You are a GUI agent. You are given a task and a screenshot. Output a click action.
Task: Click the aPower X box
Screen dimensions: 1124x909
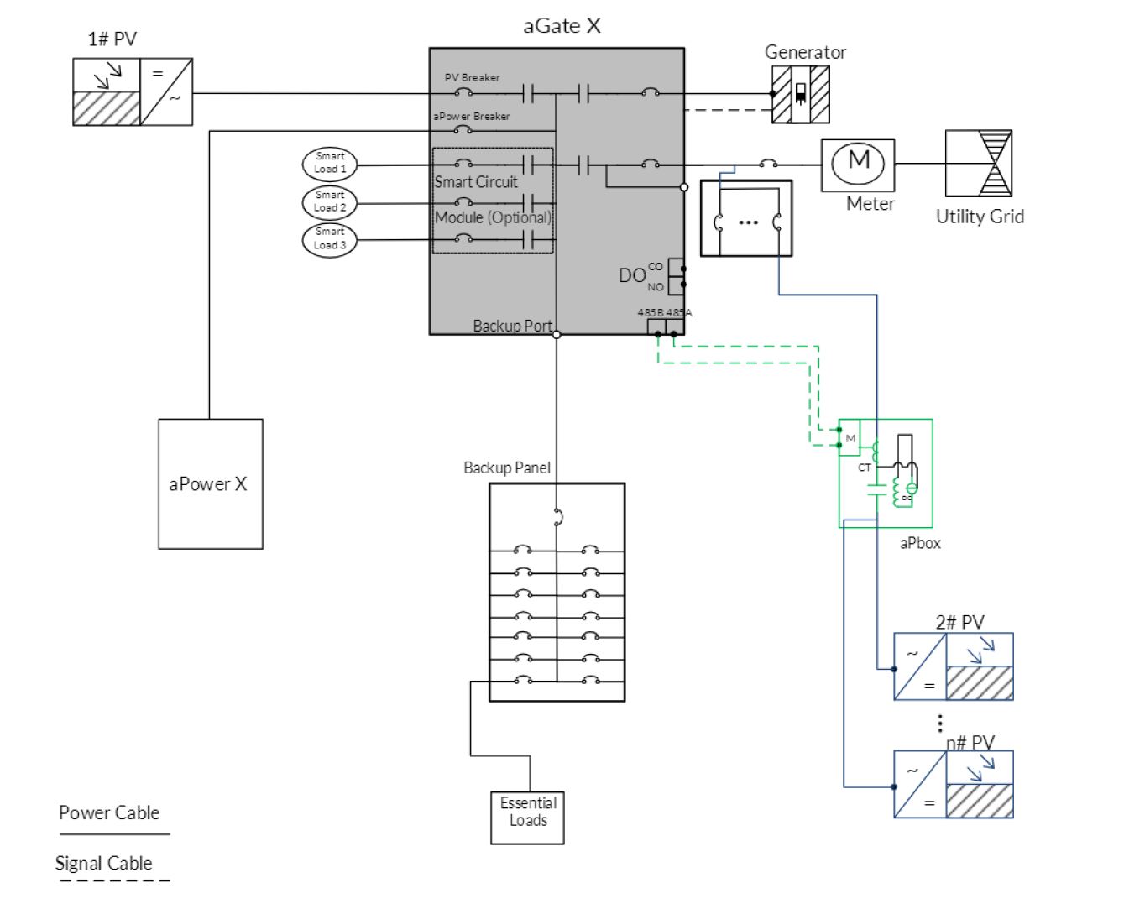211,483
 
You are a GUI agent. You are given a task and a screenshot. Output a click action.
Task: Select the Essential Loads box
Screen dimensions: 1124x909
527,818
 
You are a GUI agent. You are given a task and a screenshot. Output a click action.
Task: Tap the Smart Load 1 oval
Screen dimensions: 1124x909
330,163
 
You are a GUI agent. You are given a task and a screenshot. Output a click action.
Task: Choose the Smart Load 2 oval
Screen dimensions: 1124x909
330,202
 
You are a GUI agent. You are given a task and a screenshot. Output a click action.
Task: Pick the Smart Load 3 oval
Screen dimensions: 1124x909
330,239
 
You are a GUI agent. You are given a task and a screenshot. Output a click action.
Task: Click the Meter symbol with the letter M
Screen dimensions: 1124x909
858,165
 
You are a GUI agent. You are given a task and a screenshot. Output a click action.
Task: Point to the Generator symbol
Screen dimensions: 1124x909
801,95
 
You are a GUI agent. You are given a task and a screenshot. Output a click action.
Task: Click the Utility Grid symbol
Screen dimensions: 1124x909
978,163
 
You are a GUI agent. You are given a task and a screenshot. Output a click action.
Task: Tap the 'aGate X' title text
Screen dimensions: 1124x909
562,25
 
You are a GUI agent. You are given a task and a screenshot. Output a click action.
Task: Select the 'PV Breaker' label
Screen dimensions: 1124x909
472,77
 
